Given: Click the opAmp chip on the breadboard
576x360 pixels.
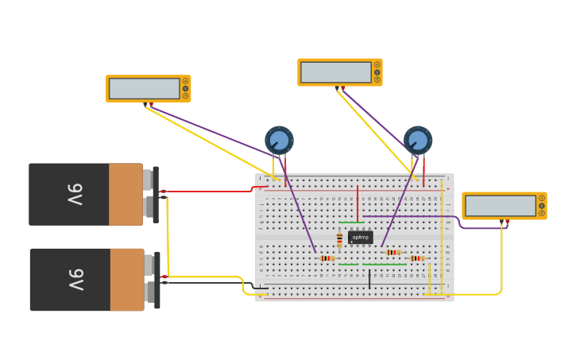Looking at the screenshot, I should point(360,237).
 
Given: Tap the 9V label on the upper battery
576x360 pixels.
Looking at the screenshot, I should point(75,194).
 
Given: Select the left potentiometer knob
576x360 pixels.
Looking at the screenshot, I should point(279,141).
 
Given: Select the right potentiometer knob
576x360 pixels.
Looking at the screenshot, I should point(418,140).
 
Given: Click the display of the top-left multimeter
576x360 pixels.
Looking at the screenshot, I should point(144,88).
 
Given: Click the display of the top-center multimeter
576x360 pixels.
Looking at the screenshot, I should point(335,72).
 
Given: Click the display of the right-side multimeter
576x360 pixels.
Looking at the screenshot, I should point(500,206).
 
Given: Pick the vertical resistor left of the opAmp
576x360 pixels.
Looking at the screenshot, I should point(339,239).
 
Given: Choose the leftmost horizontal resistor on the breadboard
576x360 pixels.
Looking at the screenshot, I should point(327,258).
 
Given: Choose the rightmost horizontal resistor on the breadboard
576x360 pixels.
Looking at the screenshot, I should point(416,258).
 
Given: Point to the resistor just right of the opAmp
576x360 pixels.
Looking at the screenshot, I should point(392,252).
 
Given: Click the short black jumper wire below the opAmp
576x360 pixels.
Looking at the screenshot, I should point(369,279).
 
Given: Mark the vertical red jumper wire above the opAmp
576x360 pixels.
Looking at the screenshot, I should point(358,203).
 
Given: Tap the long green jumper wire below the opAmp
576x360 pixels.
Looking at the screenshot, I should point(372,264).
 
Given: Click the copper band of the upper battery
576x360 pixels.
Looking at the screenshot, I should point(126,194).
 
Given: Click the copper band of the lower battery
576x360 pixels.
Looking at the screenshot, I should point(126,279).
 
